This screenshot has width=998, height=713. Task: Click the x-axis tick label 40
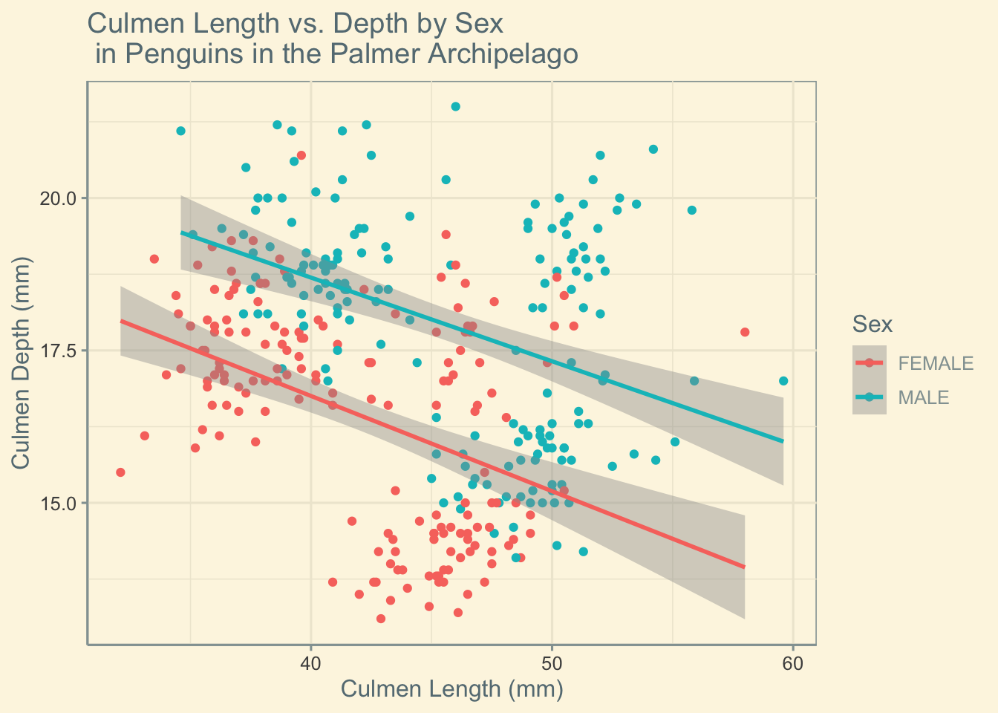point(310,662)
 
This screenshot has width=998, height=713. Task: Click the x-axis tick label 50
point(552,662)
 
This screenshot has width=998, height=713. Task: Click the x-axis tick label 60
point(792,662)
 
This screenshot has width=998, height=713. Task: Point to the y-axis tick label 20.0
point(60,198)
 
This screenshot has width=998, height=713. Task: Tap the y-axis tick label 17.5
point(60,351)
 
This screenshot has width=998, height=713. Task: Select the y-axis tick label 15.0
point(60,503)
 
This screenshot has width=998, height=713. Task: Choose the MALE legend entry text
point(923,397)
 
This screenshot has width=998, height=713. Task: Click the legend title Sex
point(872,324)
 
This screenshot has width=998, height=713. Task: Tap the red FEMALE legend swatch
point(870,362)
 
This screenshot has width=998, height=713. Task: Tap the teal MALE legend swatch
point(870,397)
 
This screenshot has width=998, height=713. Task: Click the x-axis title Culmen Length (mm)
point(451,689)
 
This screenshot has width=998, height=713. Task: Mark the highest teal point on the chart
point(455,106)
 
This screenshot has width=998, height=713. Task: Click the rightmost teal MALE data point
point(783,381)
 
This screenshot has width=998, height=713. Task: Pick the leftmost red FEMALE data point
point(120,472)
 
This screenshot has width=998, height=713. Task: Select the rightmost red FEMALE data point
point(745,332)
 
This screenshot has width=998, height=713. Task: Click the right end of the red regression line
point(744,567)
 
